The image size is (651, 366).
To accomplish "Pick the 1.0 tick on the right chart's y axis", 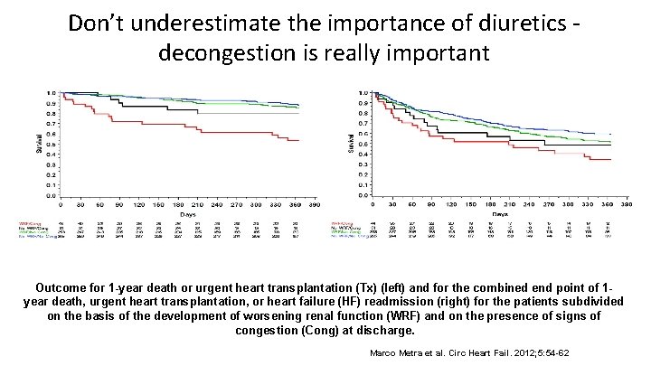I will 362,93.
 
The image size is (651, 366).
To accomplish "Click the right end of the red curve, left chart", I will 299,140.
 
